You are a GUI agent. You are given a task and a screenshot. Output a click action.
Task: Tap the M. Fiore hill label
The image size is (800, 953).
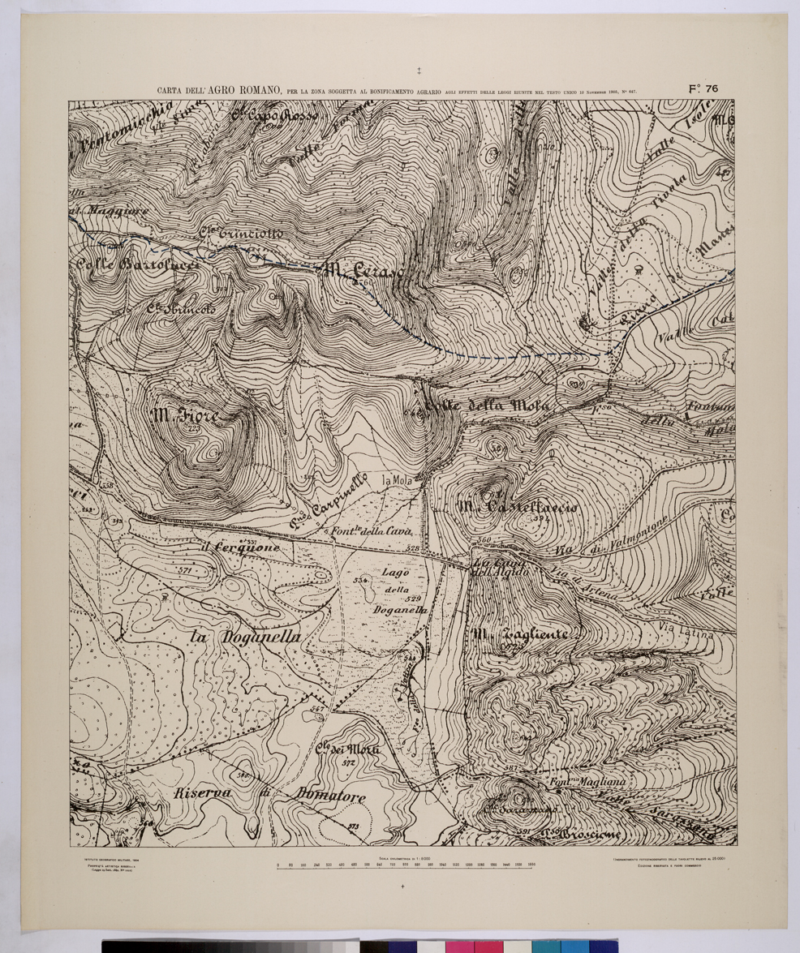(184, 416)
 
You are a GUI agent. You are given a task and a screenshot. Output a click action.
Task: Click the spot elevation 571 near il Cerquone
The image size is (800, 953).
(182, 571)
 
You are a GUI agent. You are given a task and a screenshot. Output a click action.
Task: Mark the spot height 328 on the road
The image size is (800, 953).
(413, 550)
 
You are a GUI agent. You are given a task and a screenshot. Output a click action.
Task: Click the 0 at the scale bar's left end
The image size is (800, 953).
(278, 864)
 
